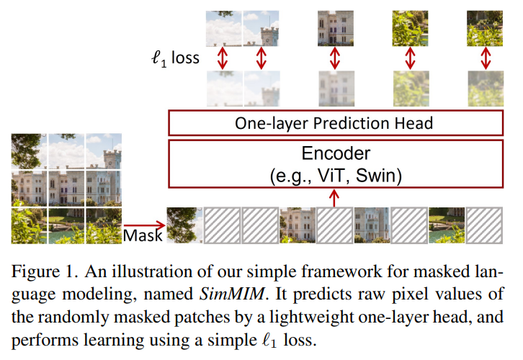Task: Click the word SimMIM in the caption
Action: click(231, 294)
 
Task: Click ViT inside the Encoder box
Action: click(331, 176)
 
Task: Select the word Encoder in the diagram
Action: click(336, 153)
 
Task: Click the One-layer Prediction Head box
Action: click(336, 123)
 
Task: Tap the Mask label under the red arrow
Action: click(143, 235)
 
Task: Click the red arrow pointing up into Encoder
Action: click(334, 198)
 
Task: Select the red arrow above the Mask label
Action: click(144, 225)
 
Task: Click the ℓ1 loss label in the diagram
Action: click(175, 58)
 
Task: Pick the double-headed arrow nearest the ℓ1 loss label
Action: click(223, 58)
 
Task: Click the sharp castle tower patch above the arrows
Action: click(261, 28)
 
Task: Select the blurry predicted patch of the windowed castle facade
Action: click(336, 89)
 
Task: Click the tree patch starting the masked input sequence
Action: click(184, 225)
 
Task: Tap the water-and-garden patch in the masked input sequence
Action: click(447, 225)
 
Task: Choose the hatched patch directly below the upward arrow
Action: click(334, 225)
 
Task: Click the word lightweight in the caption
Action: click(311, 317)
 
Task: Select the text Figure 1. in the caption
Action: click(45, 271)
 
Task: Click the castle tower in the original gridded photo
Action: click(112, 160)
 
